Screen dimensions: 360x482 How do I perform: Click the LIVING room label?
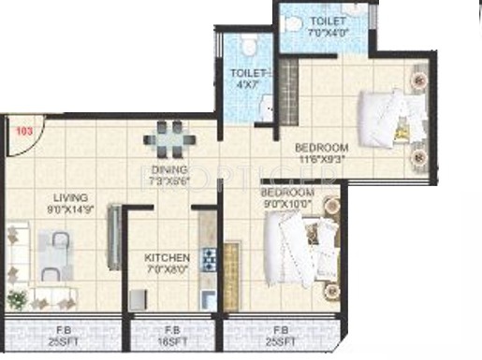tap(71, 197)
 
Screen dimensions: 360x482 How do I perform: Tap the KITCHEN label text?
tap(168, 257)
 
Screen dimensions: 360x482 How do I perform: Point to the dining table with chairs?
tap(168, 138)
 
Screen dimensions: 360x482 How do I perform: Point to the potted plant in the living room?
tap(16, 298)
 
